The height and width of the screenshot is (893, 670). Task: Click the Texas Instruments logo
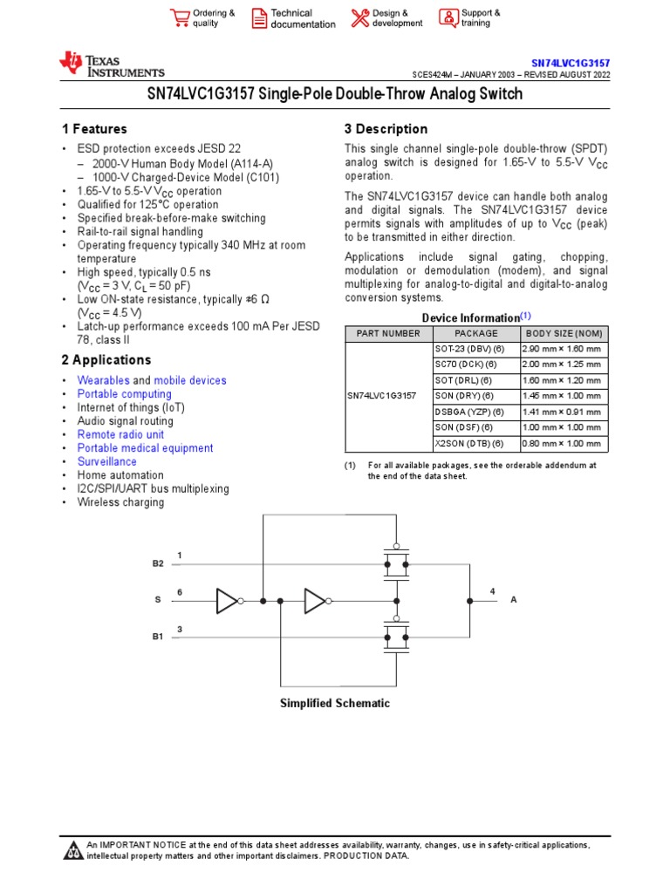111,64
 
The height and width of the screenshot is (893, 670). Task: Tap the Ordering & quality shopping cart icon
180,18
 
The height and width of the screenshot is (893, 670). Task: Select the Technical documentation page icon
259,18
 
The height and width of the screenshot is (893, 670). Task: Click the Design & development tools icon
359,18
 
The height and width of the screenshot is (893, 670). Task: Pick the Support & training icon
448,18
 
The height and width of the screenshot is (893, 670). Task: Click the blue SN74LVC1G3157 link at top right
571,64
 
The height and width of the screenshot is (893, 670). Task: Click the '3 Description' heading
386,129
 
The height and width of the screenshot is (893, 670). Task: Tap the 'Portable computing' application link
124,394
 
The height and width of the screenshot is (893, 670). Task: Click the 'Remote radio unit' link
120,434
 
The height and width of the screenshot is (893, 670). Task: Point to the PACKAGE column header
476,334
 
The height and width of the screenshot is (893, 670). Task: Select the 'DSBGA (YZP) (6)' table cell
469,412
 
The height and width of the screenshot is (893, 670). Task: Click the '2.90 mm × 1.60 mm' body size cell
561,350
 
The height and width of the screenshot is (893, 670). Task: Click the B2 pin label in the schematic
158,564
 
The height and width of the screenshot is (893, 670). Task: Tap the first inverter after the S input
228,600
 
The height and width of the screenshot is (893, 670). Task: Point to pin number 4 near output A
492,591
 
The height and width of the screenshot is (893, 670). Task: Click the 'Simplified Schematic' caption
334,704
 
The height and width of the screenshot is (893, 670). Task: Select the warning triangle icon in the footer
73,849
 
